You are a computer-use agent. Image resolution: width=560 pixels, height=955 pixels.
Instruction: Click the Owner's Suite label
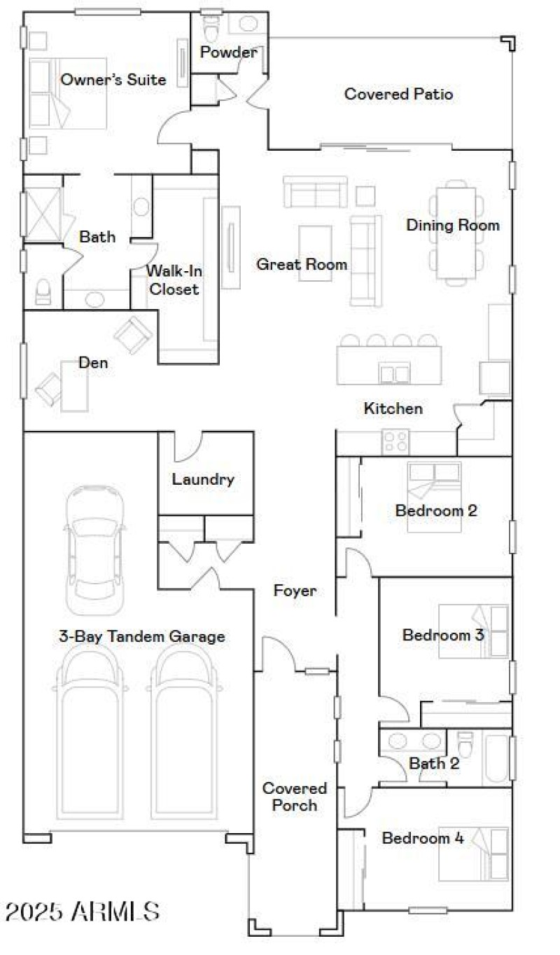[x=113, y=80]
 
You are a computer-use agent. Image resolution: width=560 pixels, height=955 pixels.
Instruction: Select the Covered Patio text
[x=398, y=94]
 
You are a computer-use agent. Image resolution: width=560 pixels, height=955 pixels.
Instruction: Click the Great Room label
[x=301, y=264]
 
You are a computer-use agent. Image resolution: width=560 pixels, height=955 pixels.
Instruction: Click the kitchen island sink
[x=395, y=373]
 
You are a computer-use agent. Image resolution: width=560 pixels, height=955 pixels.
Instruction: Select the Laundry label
[x=203, y=480]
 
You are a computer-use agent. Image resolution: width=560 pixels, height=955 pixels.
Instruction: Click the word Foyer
[x=294, y=591]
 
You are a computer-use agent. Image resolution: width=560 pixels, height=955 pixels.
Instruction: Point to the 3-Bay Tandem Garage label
[x=142, y=636]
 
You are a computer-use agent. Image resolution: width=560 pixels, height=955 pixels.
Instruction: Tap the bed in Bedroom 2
[x=434, y=496]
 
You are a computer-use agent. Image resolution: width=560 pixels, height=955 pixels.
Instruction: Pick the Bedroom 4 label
[x=423, y=838]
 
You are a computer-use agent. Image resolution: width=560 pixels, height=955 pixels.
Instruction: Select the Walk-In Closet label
[x=172, y=279]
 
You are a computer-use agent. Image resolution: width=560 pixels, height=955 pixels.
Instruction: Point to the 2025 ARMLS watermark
[x=83, y=912]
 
